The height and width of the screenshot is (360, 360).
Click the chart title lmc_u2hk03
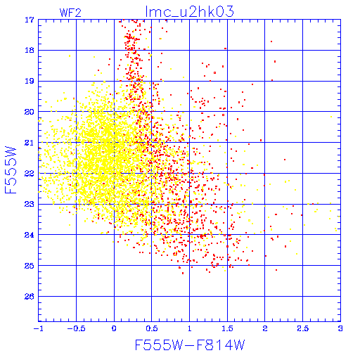click(x=190, y=11)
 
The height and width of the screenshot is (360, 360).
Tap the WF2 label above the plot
click(x=70, y=13)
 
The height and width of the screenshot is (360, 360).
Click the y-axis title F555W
click(x=11, y=170)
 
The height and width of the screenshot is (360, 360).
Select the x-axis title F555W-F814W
click(x=190, y=345)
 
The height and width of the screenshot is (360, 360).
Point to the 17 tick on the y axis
click(x=30, y=20)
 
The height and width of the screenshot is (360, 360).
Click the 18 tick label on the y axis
click(x=30, y=50)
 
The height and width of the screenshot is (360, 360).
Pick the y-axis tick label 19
click(x=30, y=81)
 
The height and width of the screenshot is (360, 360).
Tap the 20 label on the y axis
click(x=30, y=112)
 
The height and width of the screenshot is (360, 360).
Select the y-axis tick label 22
click(x=30, y=174)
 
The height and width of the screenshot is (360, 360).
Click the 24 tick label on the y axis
click(x=30, y=235)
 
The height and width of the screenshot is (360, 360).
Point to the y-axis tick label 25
click(x=30, y=266)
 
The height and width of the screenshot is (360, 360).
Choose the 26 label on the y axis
click(x=30, y=297)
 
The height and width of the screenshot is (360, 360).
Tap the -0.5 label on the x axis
click(x=76, y=328)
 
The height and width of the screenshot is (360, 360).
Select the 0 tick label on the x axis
click(x=114, y=328)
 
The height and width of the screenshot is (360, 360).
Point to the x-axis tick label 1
click(x=189, y=328)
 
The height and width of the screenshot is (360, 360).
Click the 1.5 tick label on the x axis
click(x=227, y=328)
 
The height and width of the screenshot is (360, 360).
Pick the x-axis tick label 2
click(x=265, y=328)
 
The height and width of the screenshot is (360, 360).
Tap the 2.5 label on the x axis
click(x=303, y=328)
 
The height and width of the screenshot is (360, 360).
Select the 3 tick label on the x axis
click(x=340, y=328)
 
